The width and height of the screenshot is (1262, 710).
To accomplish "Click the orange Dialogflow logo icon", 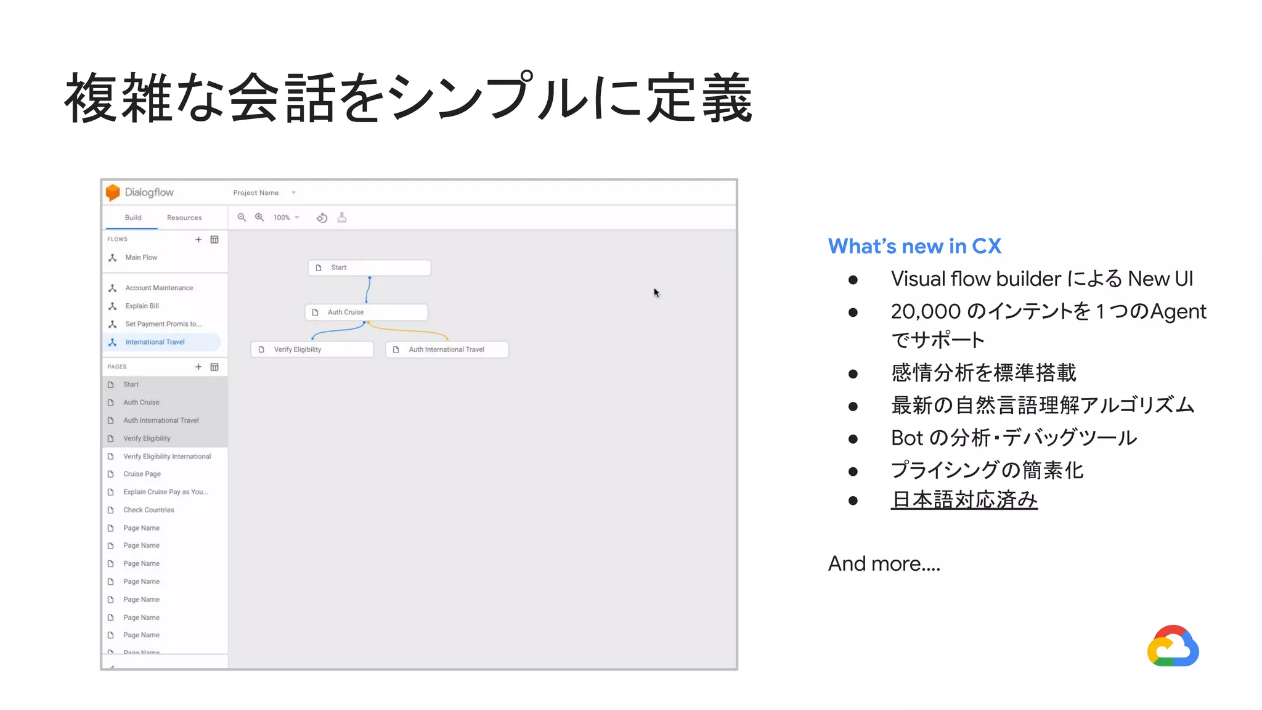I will [113, 192].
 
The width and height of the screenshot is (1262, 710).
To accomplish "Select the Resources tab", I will [184, 218].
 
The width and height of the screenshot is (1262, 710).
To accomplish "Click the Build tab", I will [133, 218].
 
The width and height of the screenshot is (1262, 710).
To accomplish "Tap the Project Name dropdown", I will [264, 193].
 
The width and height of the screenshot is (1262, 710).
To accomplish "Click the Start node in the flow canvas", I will [369, 267].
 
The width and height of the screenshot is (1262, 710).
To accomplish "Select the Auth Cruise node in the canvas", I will [366, 312].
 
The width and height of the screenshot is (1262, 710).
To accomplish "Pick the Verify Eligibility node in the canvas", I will [312, 349].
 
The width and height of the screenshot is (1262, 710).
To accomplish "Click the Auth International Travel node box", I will [447, 349].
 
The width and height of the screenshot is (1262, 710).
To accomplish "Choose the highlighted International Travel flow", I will [155, 342].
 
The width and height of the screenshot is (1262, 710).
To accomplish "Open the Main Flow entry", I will [141, 258].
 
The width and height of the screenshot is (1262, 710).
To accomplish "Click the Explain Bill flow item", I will [142, 306].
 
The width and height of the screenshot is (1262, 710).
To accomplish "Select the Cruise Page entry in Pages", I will [142, 474].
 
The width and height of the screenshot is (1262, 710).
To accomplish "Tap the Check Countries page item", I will [149, 510].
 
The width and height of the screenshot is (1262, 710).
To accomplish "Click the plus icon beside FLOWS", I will [198, 240].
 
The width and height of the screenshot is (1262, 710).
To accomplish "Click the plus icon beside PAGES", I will [198, 367].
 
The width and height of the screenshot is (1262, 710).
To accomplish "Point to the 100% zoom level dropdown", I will [286, 218].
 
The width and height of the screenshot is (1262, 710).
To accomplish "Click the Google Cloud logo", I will [1173, 647].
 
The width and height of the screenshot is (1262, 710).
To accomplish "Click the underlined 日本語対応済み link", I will [964, 499].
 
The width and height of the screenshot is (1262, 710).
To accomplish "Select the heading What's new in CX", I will [914, 246].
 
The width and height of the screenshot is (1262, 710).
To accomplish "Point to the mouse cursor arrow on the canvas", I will [656, 293].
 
